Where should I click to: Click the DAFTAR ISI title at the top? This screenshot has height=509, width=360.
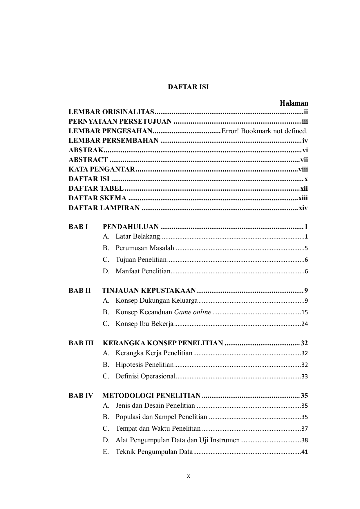188,87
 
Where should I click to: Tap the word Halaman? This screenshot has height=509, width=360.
294,103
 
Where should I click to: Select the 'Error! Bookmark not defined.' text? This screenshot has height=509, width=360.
264,131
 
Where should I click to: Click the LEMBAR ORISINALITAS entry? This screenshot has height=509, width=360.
111,112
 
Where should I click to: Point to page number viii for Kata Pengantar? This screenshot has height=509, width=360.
303,169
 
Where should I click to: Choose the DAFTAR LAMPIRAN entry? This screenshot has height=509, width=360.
104,208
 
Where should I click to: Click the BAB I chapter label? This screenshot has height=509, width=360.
78,227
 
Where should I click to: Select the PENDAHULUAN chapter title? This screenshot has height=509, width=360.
131,227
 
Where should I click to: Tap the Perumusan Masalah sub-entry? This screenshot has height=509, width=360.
145,248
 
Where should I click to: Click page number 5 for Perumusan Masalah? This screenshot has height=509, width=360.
306,248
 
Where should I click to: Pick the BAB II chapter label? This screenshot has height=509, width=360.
79,290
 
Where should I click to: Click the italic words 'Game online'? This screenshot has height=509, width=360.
192,312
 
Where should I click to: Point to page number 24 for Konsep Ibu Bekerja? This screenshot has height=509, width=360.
304,324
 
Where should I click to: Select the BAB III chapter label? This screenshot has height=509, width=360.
81,343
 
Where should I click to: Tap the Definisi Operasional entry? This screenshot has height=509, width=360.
145,376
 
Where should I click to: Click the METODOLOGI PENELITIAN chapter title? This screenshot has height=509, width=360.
151,396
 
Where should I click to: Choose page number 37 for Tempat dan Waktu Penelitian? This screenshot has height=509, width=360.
304,429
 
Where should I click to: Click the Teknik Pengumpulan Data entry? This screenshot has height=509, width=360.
154,452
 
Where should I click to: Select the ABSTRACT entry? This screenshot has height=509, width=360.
88,160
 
